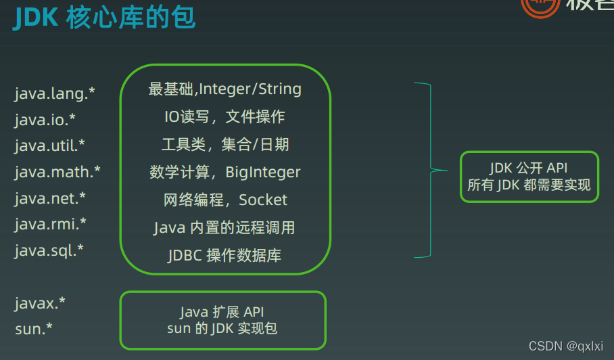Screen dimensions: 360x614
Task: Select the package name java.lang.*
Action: (x=55, y=93)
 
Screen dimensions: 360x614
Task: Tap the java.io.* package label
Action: (x=45, y=119)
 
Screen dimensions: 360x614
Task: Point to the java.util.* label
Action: (x=50, y=145)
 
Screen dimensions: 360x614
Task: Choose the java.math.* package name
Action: (x=57, y=172)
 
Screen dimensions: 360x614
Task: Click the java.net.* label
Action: (x=50, y=198)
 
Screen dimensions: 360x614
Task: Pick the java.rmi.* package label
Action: (x=50, y=224)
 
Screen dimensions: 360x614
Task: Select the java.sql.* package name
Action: (x=49, y=250)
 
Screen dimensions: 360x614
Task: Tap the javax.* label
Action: (x=41, y=302)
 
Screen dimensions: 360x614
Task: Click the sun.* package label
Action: (x=34, y=329)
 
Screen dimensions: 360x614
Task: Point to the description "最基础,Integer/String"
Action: (x=225, y=89)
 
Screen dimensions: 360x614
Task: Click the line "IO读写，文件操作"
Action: (x=225, y=117)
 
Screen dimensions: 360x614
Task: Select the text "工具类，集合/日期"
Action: (x=225, y=145)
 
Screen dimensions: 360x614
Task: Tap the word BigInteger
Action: (x=263, y=173)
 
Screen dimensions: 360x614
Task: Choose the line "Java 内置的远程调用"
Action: (x=225, y=227)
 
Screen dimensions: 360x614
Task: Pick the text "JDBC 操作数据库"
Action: (x=225, y=255)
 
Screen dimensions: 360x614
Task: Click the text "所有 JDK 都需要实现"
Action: (x=529, y=185)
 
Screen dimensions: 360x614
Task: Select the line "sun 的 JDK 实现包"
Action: (x=222, y=328)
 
